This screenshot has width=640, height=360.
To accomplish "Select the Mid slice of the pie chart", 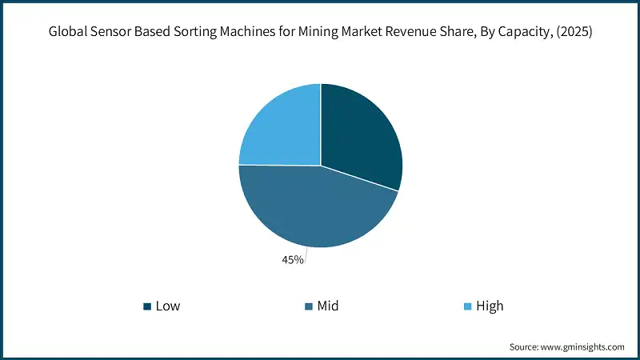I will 312,208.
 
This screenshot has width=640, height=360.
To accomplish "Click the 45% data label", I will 292,259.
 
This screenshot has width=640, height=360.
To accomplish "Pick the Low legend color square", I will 146,306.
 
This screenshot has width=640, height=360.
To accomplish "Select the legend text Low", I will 168,306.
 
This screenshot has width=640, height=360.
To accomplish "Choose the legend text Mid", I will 328,306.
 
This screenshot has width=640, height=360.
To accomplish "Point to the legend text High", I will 490,306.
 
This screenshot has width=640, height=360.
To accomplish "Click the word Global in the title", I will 68,33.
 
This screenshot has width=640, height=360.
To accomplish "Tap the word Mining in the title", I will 318,33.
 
